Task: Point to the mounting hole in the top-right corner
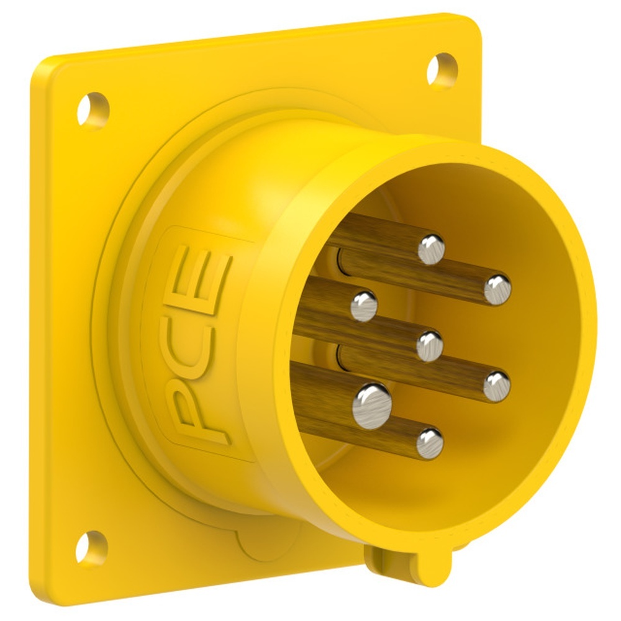442,68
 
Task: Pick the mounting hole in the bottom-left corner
91,546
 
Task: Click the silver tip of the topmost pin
431,248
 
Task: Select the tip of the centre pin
429,345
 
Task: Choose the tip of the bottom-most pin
429,443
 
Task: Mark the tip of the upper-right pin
497,288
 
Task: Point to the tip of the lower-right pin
496,385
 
